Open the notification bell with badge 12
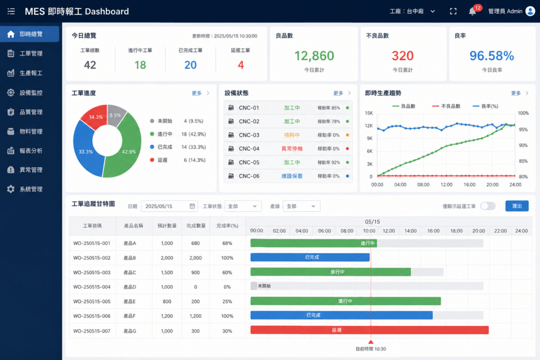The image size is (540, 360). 472,12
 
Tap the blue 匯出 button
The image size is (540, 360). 517,206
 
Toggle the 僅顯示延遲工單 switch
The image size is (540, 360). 488,206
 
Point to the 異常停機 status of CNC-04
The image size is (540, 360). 292,149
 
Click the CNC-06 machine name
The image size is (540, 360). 249,176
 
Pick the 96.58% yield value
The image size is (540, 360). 491,56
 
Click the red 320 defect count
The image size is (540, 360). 402,56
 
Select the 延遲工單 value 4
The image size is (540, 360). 240,65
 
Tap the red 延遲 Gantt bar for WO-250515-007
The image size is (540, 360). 370,330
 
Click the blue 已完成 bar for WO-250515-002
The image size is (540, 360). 310,257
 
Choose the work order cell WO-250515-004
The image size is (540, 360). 92,287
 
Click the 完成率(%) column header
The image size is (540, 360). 227,226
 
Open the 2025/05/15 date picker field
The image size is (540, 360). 169,206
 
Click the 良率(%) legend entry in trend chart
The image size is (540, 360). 485,106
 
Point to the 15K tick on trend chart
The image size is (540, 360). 369,113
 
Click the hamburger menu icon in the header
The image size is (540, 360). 11,12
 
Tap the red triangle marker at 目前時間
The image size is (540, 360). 371,342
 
